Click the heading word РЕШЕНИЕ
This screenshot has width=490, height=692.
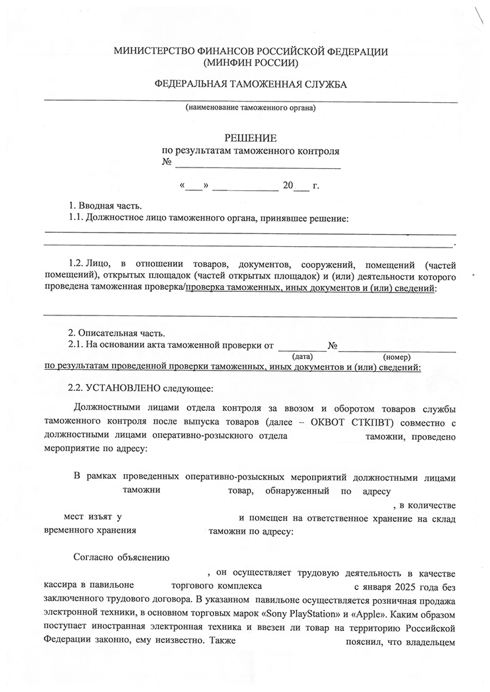click(x=250, y=139)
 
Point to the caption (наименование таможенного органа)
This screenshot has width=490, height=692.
click(x=250, y=108)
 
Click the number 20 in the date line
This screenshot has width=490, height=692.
click(x=289, y=186)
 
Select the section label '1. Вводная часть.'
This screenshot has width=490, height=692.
click(x=106, y=205)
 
